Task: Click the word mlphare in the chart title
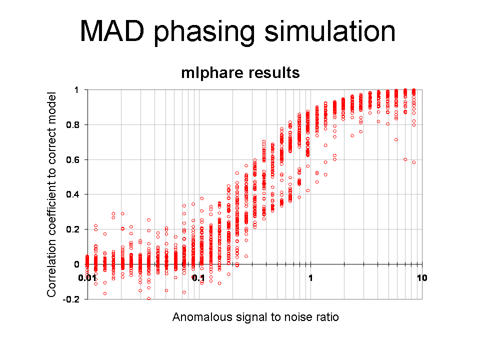208,73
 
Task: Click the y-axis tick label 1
76,90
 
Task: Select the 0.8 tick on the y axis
72,125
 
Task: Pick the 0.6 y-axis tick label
72,159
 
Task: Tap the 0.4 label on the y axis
72,194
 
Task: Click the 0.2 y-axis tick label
72,229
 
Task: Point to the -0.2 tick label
71,299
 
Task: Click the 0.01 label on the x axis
87,278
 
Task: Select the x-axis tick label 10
421,278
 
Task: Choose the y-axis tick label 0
76,264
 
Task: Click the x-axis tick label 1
310,278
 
